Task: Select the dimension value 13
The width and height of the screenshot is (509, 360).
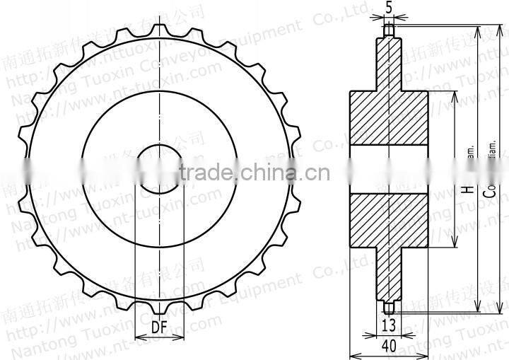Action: click(x=388, y=325)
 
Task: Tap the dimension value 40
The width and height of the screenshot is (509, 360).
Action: click(x=388, y=346)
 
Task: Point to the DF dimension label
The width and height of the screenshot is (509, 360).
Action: click(x=160, y=327)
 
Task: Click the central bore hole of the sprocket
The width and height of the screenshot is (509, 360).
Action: click(x=160, y=170)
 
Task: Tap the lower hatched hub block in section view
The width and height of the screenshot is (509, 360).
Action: click(x=388, y=222)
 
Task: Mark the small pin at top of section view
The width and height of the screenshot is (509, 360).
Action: click(x=388, y=30)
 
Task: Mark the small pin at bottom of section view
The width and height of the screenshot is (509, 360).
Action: click(x=388, y=308)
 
